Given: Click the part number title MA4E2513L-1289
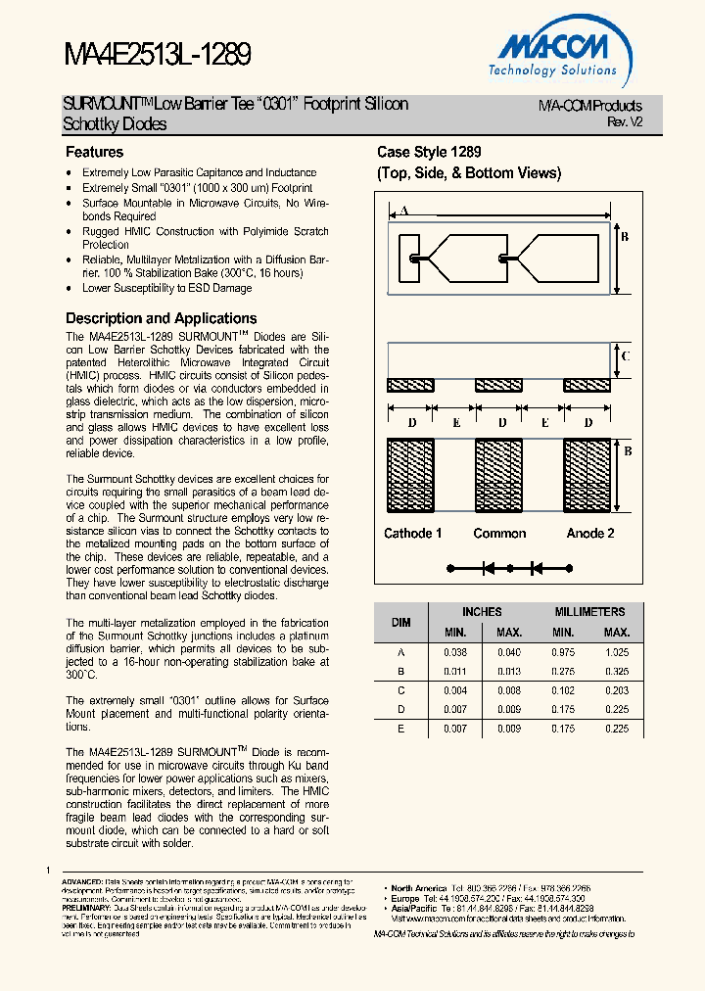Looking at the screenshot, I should [x=158, y=55].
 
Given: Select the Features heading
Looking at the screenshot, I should [x=94, y=153].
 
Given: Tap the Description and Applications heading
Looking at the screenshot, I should [x=161, y=318].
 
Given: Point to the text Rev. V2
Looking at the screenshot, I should [x=625, y=122].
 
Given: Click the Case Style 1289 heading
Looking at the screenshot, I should [x=429, y=153].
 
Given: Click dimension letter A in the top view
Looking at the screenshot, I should [x=403, y=211].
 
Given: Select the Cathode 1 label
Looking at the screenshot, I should [x=412, y=534].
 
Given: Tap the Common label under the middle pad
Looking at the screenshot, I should [x=499, y=534].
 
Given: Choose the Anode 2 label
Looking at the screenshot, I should [x=590, y=534].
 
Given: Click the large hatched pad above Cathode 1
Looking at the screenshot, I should [x=411, y=477].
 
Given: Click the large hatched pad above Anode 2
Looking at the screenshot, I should [x=587, y=477].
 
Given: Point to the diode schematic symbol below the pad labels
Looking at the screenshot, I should [x=508, y=568].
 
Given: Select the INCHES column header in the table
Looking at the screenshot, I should [x=482, y=612].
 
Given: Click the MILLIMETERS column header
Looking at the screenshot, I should [x=589, y=612].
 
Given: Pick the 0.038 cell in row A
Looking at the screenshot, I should [x=455, y=652].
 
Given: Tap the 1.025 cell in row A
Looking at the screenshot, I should [x=617, y=652].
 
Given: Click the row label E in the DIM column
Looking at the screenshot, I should [x=401, y=730].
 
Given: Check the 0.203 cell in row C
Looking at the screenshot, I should [x=617, y=690].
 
